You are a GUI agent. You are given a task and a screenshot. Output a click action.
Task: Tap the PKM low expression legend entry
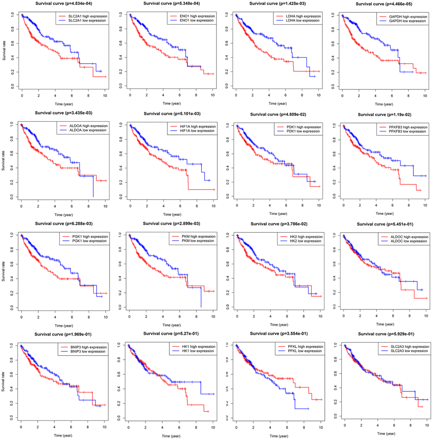coord(189,241)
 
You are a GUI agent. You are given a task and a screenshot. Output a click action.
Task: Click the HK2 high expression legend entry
coord(300,237)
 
